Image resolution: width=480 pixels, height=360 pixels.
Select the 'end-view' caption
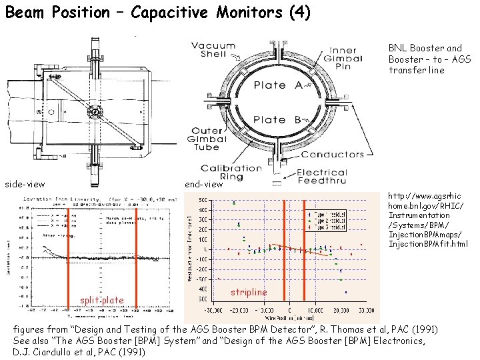[x=204, y=184]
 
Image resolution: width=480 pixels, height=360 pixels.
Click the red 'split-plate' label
[x=101, y=301]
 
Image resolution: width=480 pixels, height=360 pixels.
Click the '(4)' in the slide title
[x=299, y=13]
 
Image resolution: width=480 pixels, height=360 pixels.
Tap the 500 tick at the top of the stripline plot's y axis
[x=200, y=199]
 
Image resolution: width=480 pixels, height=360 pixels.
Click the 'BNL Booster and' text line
[x=425, y=48]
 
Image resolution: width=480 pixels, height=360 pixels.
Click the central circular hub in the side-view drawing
[x=96, y=112]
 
